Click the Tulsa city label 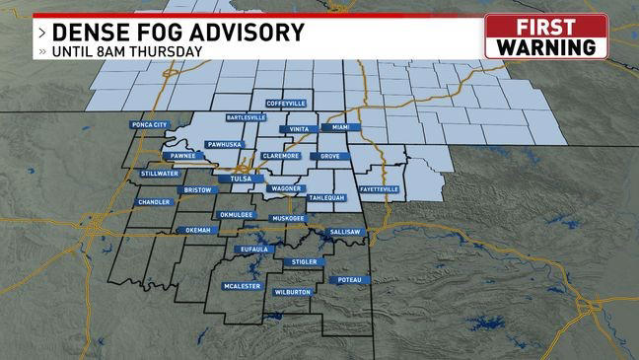tap(240, 179)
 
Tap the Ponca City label tap(150, 125)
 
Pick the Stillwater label tap(160, 173)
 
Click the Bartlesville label tap(246, 117)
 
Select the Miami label tap(340, 128)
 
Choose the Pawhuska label tap(224, 144)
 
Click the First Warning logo tap(546, 36)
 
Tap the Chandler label tap(154, 202)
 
